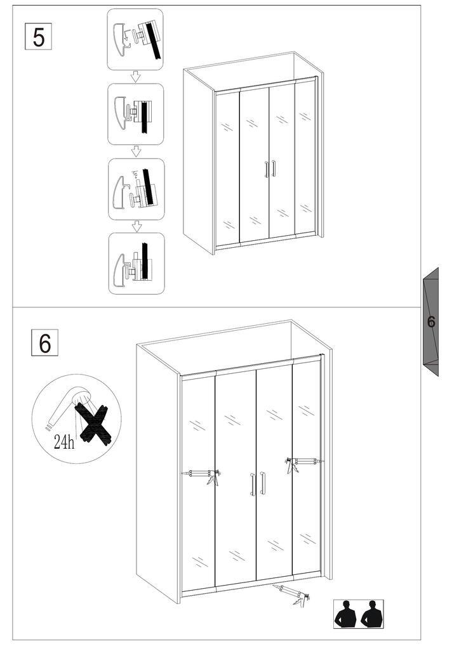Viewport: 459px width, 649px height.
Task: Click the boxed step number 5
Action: click(x=38, y=37)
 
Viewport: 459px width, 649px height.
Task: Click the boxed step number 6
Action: click(x=45, y=342)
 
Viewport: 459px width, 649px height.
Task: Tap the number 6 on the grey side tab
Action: click(x=431, y=321)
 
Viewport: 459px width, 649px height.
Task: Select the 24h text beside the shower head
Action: click(x=64, y=442)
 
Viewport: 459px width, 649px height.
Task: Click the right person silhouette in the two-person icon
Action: click(x=372, y=614)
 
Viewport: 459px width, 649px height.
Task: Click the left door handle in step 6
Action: click(x=253, y=484)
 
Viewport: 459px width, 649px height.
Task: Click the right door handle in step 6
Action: click(x=262, y=482)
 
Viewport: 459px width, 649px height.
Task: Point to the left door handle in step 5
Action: click(x=266, y=170)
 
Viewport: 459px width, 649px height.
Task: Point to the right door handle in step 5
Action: click(x=274, y=169)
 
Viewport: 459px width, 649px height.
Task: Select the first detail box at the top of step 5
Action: click(x=135, y=39)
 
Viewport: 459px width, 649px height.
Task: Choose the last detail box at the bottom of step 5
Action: click(x=136, y=264)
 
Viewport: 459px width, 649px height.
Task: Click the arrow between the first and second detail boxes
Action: click(x=135, y=77)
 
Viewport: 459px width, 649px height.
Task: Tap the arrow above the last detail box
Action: click(x=136, y=226)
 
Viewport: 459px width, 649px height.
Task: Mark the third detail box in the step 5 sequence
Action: click(x=136, y=189)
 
